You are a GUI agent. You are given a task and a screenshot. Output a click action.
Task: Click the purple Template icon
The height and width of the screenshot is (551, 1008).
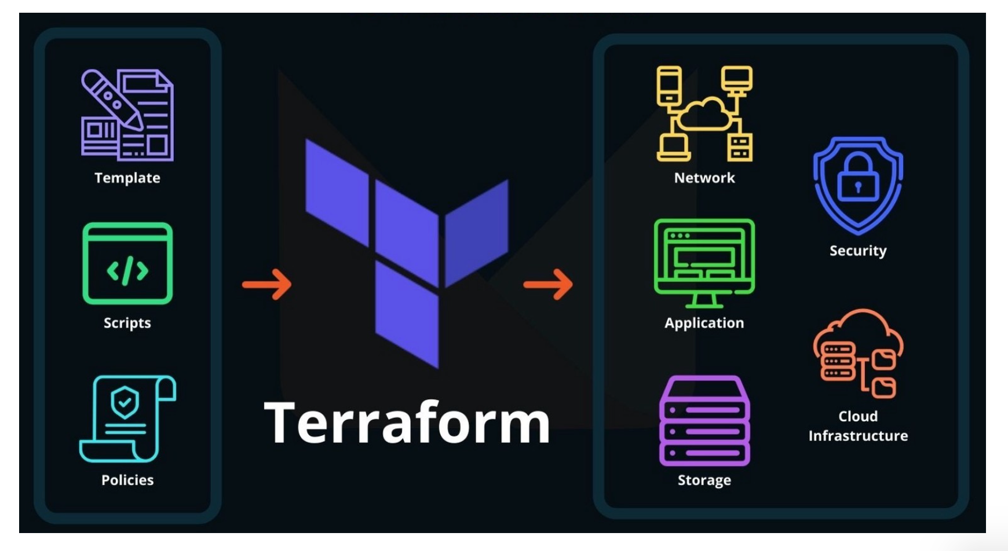[x=127, y=115]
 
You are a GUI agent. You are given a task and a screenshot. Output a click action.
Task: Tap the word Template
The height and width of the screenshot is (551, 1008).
[x=127, y=178]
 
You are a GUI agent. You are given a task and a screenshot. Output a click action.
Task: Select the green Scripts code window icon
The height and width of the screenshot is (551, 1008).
[x=127, y=263]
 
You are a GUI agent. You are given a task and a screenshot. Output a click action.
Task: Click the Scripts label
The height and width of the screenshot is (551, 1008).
[x=127, y=322]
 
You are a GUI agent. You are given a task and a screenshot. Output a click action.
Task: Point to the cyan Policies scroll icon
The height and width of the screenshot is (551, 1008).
[x=127, y=418]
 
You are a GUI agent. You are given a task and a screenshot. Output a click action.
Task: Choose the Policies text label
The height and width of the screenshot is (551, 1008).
[x=127, y=480]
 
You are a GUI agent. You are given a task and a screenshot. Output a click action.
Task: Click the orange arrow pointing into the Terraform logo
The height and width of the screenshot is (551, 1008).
[x=267, y=284]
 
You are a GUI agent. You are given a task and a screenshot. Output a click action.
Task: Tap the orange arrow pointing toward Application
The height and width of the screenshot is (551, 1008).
[x=548, y=284]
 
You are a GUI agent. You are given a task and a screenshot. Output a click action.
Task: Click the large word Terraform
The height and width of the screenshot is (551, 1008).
[x=407, y=423]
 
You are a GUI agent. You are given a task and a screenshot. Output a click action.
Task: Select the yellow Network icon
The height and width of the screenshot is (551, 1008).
[x=704, y=113]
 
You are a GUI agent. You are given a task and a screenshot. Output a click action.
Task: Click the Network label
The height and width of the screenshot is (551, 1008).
[x=704, y=178]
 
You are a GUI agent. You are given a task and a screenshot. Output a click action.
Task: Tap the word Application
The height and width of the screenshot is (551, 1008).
[x=704, y=322]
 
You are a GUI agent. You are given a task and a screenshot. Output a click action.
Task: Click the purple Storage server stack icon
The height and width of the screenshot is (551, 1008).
[x=704, y=421]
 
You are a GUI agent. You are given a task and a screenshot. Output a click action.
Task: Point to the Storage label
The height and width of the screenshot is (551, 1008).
[x=704, y=480]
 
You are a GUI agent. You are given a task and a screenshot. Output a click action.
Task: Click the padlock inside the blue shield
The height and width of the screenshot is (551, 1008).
[x=858, y=179]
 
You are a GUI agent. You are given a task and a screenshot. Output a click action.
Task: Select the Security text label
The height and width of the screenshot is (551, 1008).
[x=858, y=251]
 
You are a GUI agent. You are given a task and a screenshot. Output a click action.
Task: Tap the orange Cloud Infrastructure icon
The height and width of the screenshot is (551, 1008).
[x=858, y=353]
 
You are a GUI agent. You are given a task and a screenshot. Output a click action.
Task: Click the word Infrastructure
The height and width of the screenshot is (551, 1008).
[x=858, y=436]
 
